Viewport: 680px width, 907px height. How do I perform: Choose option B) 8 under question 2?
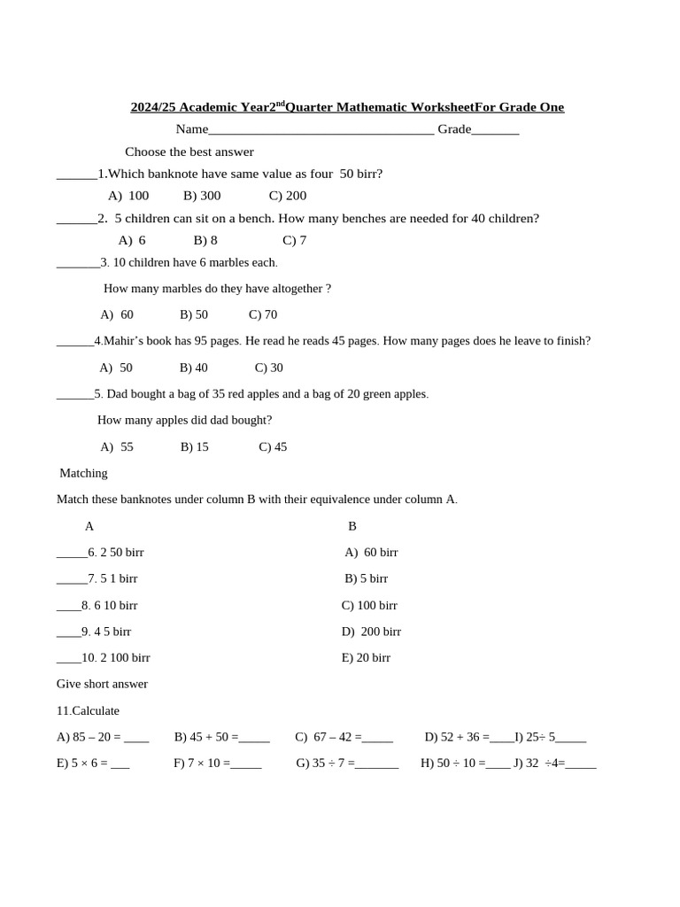[205, 240]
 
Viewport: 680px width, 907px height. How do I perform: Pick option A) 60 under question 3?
[117, 314]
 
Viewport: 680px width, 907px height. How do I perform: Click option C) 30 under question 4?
[268, 368]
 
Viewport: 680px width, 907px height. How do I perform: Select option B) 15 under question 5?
[194, 447]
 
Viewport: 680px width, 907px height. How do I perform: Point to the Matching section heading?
[83, 473]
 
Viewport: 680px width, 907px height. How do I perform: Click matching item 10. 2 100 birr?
[115, 658]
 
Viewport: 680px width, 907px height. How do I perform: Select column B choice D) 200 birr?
[371, 632]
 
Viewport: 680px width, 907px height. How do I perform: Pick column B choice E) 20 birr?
[366, 658]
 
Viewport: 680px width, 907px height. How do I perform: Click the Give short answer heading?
[102, 685]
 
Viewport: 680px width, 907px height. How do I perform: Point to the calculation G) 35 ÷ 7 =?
[325, 763]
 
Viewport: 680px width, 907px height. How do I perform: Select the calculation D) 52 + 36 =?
[455, 737]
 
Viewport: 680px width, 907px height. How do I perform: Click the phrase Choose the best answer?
[189, 152]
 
